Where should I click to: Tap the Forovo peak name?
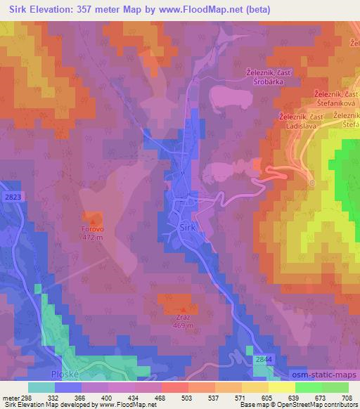[x=92, y=228]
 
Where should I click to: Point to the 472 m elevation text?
[x=92, y=237]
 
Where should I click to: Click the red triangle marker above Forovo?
[x=92, y=220]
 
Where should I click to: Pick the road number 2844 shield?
[x=263, y=359]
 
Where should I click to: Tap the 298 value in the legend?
[x=25, y=397]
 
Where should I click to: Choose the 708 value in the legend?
[x=347, y=397]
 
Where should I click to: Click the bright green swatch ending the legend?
[x=334, y=387]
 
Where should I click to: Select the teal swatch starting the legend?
[x=41, y=387]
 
